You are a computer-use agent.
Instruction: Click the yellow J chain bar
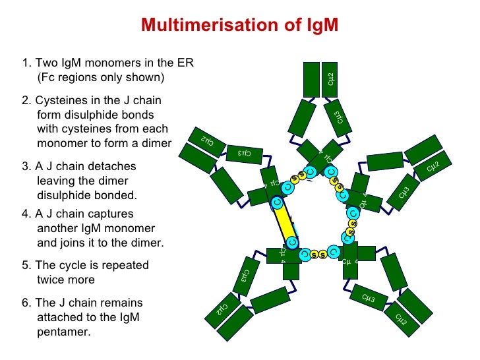click(286, 227)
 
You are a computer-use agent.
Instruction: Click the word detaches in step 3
click(113, 166)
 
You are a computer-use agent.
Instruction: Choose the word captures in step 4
click(109, 214)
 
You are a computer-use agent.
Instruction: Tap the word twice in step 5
click(51, 280)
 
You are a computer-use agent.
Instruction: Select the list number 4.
click(25, 214)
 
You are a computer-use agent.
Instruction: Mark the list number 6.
click(25, 303)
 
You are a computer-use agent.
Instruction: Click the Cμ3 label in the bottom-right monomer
click(369, 299)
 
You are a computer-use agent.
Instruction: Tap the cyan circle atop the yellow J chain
click(278, 202)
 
